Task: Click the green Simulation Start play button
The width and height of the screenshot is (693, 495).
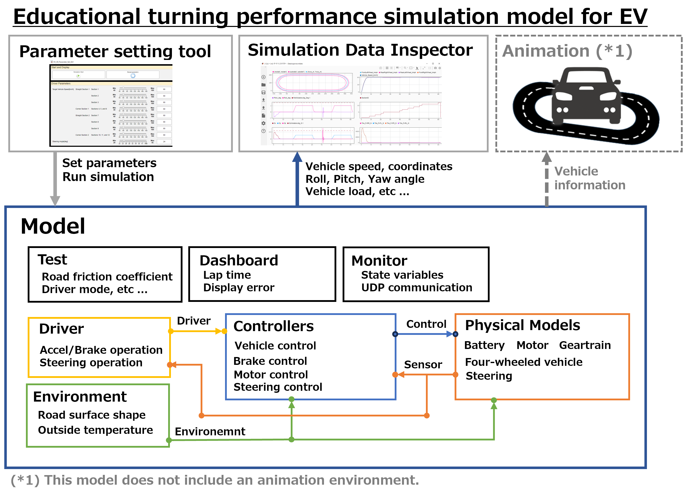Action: pyautogui.click(x=78, y=76)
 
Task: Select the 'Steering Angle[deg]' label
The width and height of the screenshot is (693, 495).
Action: pyautogui.click(x=60, y=142)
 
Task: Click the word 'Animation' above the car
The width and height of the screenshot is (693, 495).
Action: pyautogui.click(x=545, y=51)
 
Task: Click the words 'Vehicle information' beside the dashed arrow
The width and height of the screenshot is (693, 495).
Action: pyautogui.click(x=589, y=178)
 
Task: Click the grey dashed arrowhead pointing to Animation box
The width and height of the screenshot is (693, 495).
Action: pyautogui.click(x=546, y=157)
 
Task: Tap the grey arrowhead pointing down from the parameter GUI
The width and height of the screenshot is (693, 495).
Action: pyautogui.click(x=55, y=201)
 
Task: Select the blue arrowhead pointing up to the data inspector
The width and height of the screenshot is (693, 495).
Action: pyautogui.click(x=297, y=157)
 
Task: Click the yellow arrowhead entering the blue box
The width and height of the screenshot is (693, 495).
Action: pyautogui.click(x=218, y=331)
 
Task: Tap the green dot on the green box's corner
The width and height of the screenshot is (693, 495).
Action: pyautogui.click(x=169, y=440)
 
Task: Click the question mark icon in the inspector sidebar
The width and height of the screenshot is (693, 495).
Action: pyautogui.click(x=264, y=131)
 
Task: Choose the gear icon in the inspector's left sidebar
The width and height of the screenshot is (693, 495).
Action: pyautogui.click(x=264, y=123)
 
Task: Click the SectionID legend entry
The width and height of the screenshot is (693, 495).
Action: pyautogui.click(x=365, y=98)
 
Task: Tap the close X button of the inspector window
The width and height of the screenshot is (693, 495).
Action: pyautogui.click(x=439, y=64)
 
